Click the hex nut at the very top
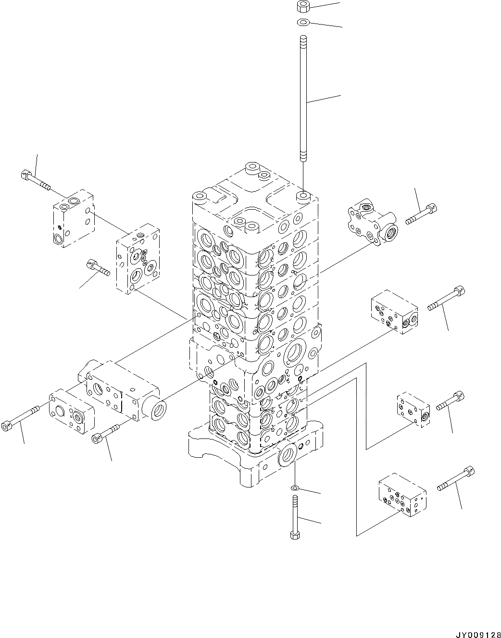[x=302, y=7]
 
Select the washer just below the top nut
[x=302, y=22]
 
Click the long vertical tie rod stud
[x=303, y=98]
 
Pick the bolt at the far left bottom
[x=20, y=418]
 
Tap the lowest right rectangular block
[x=402, y=495]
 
